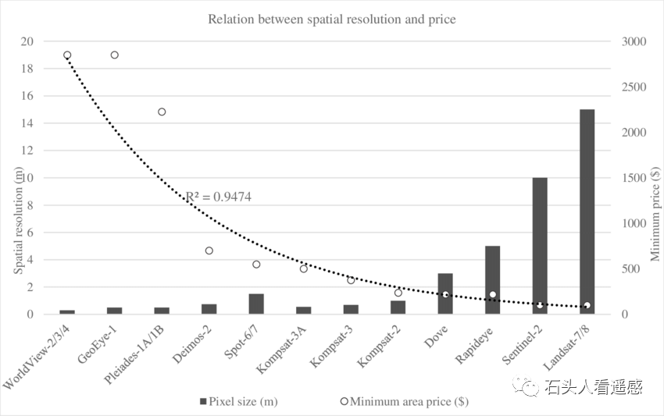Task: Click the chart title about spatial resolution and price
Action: [x=331, y=18]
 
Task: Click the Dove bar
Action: [x=445, y=293]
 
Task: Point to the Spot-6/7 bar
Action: [x=256, y=304]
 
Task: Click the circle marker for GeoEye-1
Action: [x=114, y=55]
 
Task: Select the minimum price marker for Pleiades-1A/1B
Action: [x=162, y=112]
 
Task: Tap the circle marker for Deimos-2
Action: [x=209, y=251]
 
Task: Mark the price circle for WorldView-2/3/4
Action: [x=67, y=55]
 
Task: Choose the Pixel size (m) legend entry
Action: [x=239, y=402]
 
